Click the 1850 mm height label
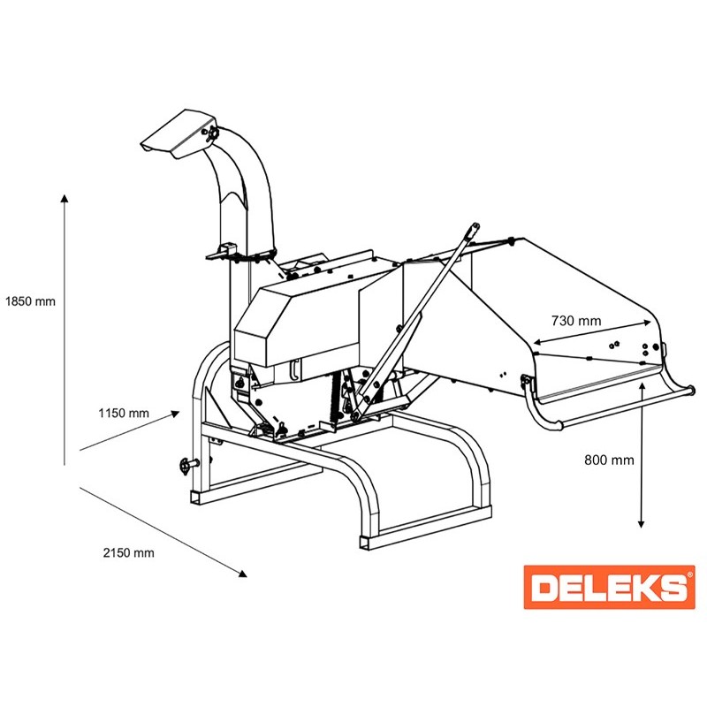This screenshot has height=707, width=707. pyautogui.click(x=30, y=301)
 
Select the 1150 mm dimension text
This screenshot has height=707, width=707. pyautogui.click(x=124, y=413)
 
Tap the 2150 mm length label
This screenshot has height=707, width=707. pyautogui.click(x=128, y=553)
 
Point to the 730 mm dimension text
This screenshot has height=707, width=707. pyautogui.click(x=576, y=321)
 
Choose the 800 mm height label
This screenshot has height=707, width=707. pyautogui.click(x=609, y=460)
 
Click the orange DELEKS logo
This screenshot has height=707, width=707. pyautogui.click(x=609, y=587)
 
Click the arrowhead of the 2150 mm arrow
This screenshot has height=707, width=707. pyautogui.click(x=242, y=573)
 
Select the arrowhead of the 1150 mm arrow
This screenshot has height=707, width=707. pyautogui.click(x=175, y=414)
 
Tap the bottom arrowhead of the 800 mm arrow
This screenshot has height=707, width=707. pyautogui.click(x=641, y=524)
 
